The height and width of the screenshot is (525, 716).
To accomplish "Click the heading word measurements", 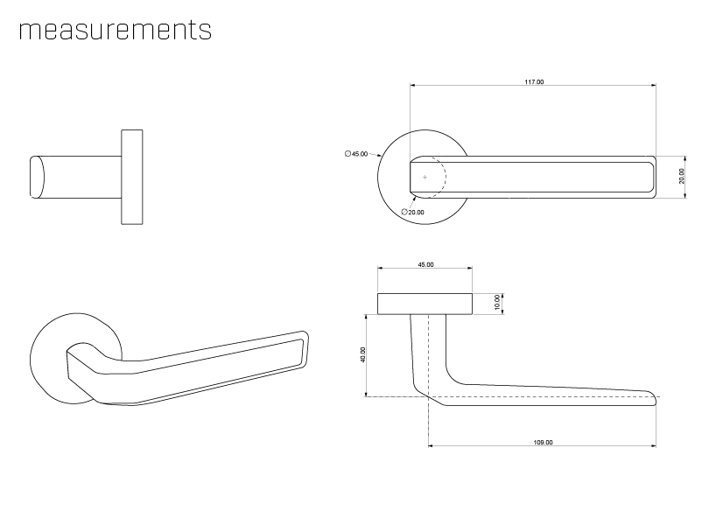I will pyautogui.click(x=115, y=30).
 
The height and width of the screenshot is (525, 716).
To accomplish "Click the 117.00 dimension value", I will pyautogui.click(x=533, y=81).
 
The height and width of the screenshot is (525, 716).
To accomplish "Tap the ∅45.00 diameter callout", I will pyautogui.click(x=356, y=154).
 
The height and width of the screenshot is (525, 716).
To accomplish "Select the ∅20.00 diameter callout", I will pyautogui.click(x=412, y=213).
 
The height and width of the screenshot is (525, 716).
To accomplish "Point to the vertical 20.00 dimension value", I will pyautogui.click(x=682, y=177).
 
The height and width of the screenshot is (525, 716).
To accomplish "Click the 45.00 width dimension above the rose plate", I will pyautogui.click(x=425, y=264).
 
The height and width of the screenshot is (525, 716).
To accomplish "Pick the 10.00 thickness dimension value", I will pyautogui.click(x=496, y=303).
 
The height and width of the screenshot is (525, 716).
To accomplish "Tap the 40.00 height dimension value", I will pyautogui.click(x=363, y=354).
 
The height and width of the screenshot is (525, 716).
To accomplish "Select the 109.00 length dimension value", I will pyautogui.click(x=543, y=443).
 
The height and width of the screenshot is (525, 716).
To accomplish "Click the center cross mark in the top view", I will pyautogui.click(x=425, y=177).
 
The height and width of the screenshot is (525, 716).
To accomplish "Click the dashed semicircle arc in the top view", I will pyautogui.click(x=444, y=177).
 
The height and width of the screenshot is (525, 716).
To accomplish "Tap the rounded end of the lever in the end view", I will pyautogui.click(x=37, y=177).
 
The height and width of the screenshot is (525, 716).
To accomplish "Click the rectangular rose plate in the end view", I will pyautogui.click(x=131, y=177).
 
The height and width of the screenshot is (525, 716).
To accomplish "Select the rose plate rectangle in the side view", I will pyautogui.click(x=425, y=304).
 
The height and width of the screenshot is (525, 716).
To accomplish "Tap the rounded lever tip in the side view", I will pyautogui.click(x=651, y=399).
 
